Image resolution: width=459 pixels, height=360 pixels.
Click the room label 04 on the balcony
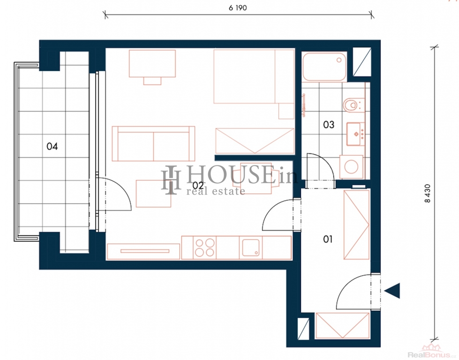coord(52,146)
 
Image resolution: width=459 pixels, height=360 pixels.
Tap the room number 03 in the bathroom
coord(329,125)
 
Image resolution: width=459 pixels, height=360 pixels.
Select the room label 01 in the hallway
coord(328,239)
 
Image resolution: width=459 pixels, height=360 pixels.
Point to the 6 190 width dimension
coord(238,8)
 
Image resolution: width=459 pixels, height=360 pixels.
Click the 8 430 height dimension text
coord(428,194)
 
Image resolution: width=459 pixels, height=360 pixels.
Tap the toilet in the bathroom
coord(353,105)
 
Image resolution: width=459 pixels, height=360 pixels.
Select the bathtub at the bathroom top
coord(324,67)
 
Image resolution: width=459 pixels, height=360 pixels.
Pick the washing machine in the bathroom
coord(351,167)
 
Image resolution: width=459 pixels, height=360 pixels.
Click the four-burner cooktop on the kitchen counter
coord(204,247)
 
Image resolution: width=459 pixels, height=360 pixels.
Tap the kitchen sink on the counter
coord(251,247)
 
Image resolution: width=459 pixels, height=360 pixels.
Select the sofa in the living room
coord(153,144)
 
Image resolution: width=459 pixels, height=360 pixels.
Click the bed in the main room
coord(254,77)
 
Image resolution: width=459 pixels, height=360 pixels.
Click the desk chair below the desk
coord(152,81)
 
